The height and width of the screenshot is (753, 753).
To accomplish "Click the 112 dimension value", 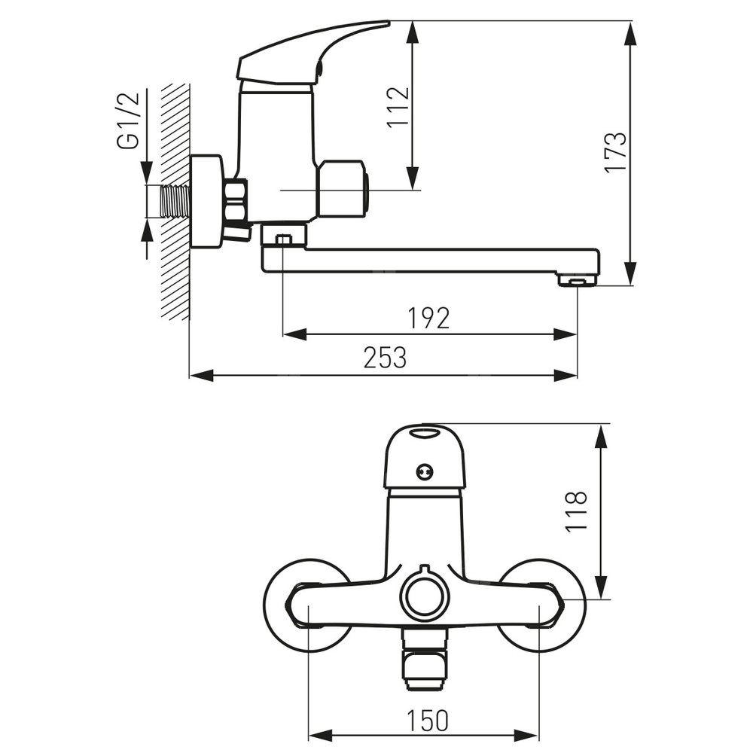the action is (398, 107).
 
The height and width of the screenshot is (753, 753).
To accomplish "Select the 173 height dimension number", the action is (616, 152).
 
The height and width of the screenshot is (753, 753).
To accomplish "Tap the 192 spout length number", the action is (429, 319).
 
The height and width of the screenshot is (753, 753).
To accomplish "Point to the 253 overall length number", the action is (385, 357).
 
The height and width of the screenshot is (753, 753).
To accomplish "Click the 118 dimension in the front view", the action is (576, 511).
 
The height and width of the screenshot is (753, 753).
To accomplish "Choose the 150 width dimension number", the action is (428, 721).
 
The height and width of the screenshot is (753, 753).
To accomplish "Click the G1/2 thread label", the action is (128, 120).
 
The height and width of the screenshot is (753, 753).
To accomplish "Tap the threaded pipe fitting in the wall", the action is (176, 202).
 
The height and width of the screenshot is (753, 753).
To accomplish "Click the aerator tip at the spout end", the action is (577, 279).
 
